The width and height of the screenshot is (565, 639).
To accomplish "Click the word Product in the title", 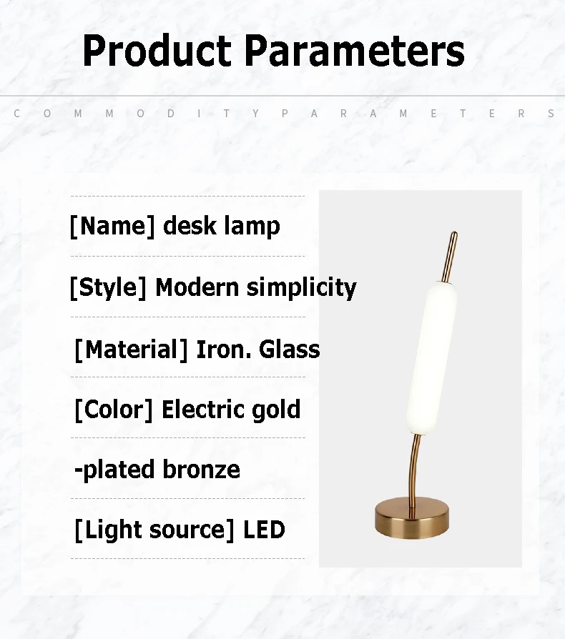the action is tap(157, 51).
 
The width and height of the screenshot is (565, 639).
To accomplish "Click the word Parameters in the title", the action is tap(355, 51).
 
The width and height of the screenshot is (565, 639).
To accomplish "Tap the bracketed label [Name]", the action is tap(112, 226).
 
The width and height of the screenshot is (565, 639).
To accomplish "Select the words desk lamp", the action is tap(222, 226).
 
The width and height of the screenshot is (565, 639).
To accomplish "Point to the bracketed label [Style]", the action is tap(108, 287).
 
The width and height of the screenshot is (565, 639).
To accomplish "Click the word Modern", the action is tap(197, 287).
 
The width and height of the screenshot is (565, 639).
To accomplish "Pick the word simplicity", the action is tap(302, 288).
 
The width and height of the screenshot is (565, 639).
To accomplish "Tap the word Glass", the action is tap(290, 350).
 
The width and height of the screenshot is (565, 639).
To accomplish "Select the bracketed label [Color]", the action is tap(114, 410).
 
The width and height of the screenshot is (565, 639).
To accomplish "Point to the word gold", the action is tap(276, 410).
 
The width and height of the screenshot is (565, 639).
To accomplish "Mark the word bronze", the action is tap(202, 470).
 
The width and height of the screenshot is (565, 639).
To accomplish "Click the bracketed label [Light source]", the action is tap(154, 530).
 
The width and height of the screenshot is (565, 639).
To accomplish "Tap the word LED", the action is tap(264, 530).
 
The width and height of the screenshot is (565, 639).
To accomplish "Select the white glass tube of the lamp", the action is tap(432, 359).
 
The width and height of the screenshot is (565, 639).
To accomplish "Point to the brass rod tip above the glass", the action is tap(451, 257).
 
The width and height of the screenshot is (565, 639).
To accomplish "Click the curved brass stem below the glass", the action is tap(413, 469).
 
